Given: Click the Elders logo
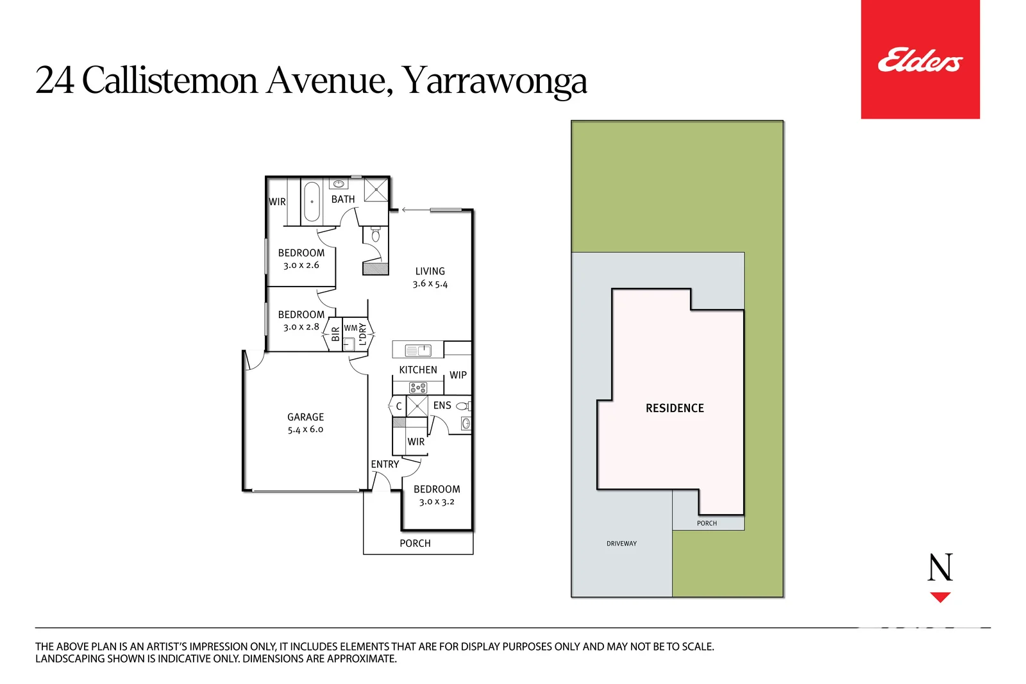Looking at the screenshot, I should pyautogui.click(x=920, y=60).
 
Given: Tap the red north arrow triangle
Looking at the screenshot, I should pyautogui.click(x=940, y=597).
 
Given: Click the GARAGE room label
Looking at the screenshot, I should pyautogui.click(x=305, y=417).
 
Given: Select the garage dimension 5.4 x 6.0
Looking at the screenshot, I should pyautogui.click(x=305, y=430).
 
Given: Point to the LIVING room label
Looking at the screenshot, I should pyautogui.click(x=430, y=271).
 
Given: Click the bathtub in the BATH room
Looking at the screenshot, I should pyautogui.click(x=312, y=201).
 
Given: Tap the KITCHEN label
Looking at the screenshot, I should pyautogui.click(x=417, y=370).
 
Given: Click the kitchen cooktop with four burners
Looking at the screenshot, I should pyautogui.click(x=418, y=387).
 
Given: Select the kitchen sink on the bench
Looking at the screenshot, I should pyautogui.click(x=418, y=350).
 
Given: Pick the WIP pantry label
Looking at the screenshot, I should pyautogui.click(x=458, y=375).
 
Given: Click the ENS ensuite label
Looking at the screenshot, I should pyautogui.click(x=442, y=405).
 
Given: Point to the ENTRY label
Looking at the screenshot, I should pyautogui.click(x=385, y=464).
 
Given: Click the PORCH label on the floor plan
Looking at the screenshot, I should pyautogui.click(x=415, y=543).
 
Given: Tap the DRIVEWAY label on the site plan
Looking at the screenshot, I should pyautogui.click(x=621, y=544).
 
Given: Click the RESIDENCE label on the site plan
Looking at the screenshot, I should pyautogui.click(x=675, y=408).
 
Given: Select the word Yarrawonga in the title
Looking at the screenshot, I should pyautogui.click(x=494, y=81).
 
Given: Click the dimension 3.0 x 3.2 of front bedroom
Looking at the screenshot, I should pyautogui.click(x=437, y=502).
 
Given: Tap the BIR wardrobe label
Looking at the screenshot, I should pyautogui.click(x=335, y=334).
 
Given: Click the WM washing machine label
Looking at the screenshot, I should pyautogui.click(x=350, y=328).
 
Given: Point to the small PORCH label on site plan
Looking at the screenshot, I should pyautogui.click(x=707, y=523).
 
